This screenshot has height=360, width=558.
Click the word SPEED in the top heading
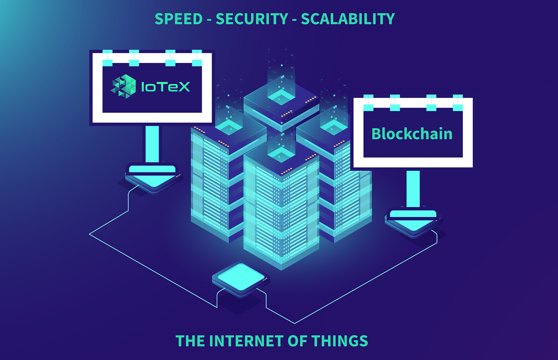tap(178, 19)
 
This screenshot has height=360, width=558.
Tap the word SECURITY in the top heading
tap(252, 19)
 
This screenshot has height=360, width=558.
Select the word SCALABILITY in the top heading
tap(348, 19)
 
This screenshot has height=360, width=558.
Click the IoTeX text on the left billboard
tap(165, 87)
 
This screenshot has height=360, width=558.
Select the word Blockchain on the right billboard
tap(412, 134)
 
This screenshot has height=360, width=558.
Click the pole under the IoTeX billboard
tap(152, 143)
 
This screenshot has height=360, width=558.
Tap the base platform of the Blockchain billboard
tap(413, 221)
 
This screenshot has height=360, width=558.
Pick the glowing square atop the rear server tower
tap(281, 96)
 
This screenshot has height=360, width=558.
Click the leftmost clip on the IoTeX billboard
tap(108, 58)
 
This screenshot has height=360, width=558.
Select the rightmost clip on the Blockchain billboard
tap(458, 103)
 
